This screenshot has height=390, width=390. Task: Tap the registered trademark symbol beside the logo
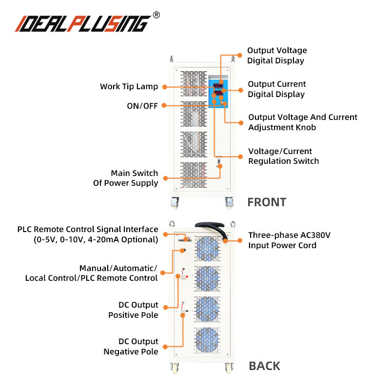pyautogui.click(x=156, y=15)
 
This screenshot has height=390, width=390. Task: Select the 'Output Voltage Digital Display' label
pyautogui.click(x=276, y=56)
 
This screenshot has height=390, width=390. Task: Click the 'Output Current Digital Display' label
pyautogui.click(x=276, y=89)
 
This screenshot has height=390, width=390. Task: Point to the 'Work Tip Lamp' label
pyautogui.click(x=129, y=87)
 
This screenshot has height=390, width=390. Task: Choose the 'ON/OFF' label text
pyautogui.click(x=142, y=105)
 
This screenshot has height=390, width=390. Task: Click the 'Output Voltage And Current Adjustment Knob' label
pyautogui.click(x=302, y=122)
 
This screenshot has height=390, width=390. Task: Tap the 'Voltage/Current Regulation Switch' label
pyautogui.click(x=283, y=156)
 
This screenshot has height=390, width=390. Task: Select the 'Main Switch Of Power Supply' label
pyautogui.click(x=125, y=178)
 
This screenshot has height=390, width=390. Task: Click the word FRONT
pyautogui.click(x=266, y=202)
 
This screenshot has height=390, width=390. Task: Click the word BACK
pyautogui.click(x=264, y=366)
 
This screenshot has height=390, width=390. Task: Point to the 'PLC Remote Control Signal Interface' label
pyautogui.click(x=88, y=234)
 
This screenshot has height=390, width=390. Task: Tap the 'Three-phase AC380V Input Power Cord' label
pyautogui.click(x=289, y=240)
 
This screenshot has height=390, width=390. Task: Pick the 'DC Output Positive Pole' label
pyautogui.click(x=133, y=310)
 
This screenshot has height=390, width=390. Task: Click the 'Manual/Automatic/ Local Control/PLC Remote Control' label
pyautogui.click(x=91, y=273)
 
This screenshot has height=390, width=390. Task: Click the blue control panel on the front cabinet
pyautogui.click(x=218, y=93)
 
